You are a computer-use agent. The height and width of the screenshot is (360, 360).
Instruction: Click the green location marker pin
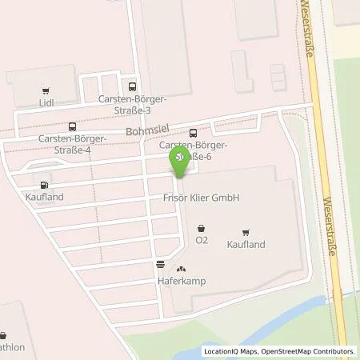pos(181,161)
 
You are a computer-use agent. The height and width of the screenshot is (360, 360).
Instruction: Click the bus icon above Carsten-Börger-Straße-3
pos(132,87)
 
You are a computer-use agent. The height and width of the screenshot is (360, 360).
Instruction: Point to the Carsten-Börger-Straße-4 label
pos(72,143)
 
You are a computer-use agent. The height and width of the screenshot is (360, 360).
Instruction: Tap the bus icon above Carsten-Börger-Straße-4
pos(73,126)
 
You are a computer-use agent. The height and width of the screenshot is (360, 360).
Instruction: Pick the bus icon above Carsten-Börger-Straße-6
pos(193,133)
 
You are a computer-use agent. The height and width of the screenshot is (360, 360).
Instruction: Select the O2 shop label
pos(202,239)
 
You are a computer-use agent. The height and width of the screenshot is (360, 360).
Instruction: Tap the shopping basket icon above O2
pos(200,226)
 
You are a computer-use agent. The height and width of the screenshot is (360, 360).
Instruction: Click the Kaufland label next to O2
pos(246,244)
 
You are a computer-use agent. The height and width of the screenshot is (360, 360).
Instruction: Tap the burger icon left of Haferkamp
pos(160,264)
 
